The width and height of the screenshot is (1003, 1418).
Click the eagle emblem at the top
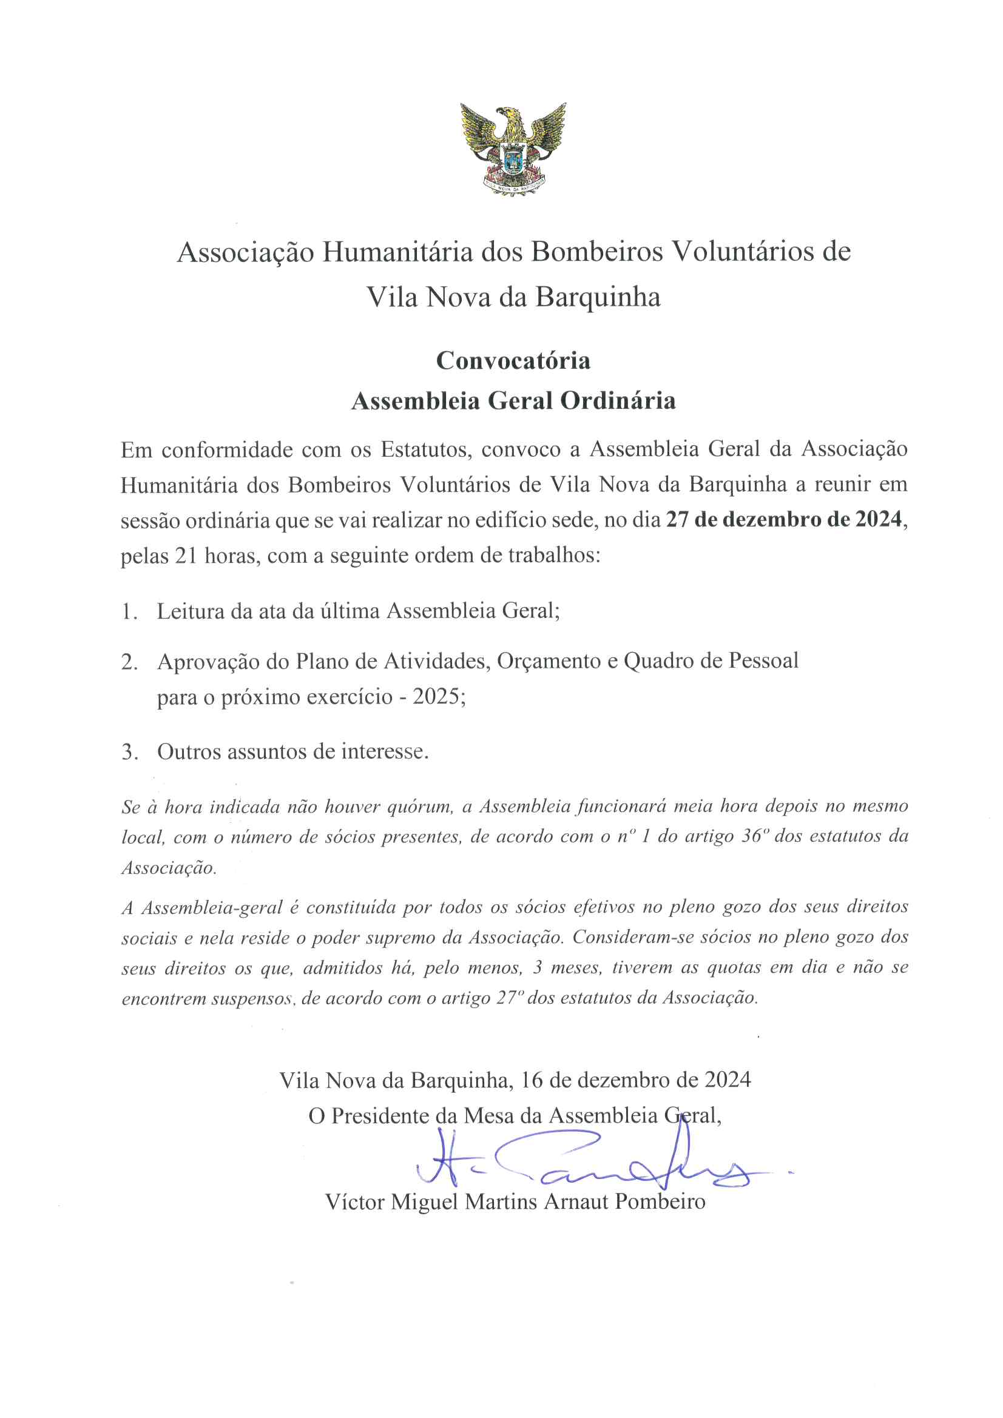point(512,149)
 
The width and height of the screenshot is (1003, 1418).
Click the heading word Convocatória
point(513,361)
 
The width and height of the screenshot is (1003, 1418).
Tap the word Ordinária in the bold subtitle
point(617,402)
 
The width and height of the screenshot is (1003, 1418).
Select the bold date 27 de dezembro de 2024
point(785,519)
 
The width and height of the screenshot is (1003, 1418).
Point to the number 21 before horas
point(186,556)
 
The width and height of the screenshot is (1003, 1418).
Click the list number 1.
point(129,611)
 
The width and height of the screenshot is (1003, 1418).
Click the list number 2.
point(129,662)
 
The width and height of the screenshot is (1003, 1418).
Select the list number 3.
point(129,752)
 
